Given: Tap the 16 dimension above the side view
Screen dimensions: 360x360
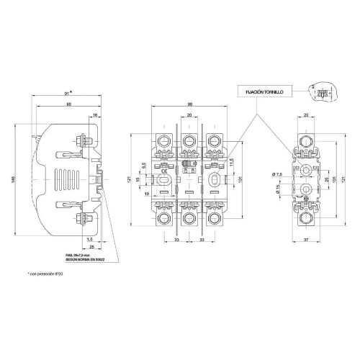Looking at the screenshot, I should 94,114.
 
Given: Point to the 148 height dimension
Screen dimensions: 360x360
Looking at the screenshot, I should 15,179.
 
